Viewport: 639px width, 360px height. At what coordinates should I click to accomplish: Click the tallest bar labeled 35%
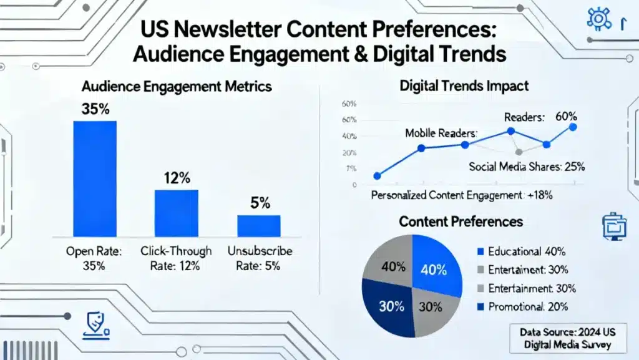click(x=95, y=178)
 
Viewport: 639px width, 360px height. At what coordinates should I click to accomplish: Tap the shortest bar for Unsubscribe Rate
click(x=259, y=225)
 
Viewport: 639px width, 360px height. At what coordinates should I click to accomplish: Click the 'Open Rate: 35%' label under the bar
click(x=95, y=259)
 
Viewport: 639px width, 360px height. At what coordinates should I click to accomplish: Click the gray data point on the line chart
click(x=519, y=152)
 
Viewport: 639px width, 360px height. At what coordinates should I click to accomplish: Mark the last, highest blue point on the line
click(x=573, y=127)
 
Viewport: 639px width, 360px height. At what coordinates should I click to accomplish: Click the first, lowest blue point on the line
click(x=377, y=176)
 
